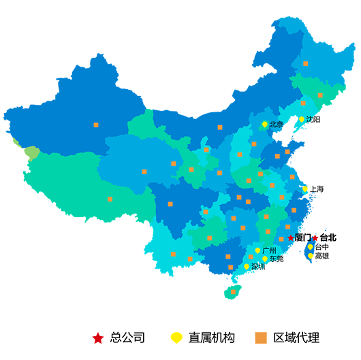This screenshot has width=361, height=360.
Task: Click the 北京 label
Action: pos(277,125)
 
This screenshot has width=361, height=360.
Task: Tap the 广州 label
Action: pos(268,250)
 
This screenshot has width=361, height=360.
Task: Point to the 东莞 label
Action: pos(274,259)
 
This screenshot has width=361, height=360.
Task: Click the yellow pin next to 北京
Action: pos(265,124)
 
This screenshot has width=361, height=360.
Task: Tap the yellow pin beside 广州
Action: pos(257,250)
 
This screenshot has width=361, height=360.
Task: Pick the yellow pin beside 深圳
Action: pos(247,266)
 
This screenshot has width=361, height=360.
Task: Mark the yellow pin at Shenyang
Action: pos(301,119)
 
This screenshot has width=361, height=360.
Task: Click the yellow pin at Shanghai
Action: pos(305,189)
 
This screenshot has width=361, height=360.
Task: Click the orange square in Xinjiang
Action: pos(96,125)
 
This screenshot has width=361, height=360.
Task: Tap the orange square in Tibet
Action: pos(110,199)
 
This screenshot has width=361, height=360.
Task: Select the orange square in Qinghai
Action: pos(144,171)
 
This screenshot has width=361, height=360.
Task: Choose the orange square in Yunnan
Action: pos(173,255)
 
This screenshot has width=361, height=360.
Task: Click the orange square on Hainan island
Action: pos(234,292)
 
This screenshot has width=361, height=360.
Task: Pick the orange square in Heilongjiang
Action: pos(305,63)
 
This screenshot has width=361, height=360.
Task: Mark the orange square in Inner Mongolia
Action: pos(220,127)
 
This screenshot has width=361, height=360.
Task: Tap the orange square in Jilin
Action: pos(320,95)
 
